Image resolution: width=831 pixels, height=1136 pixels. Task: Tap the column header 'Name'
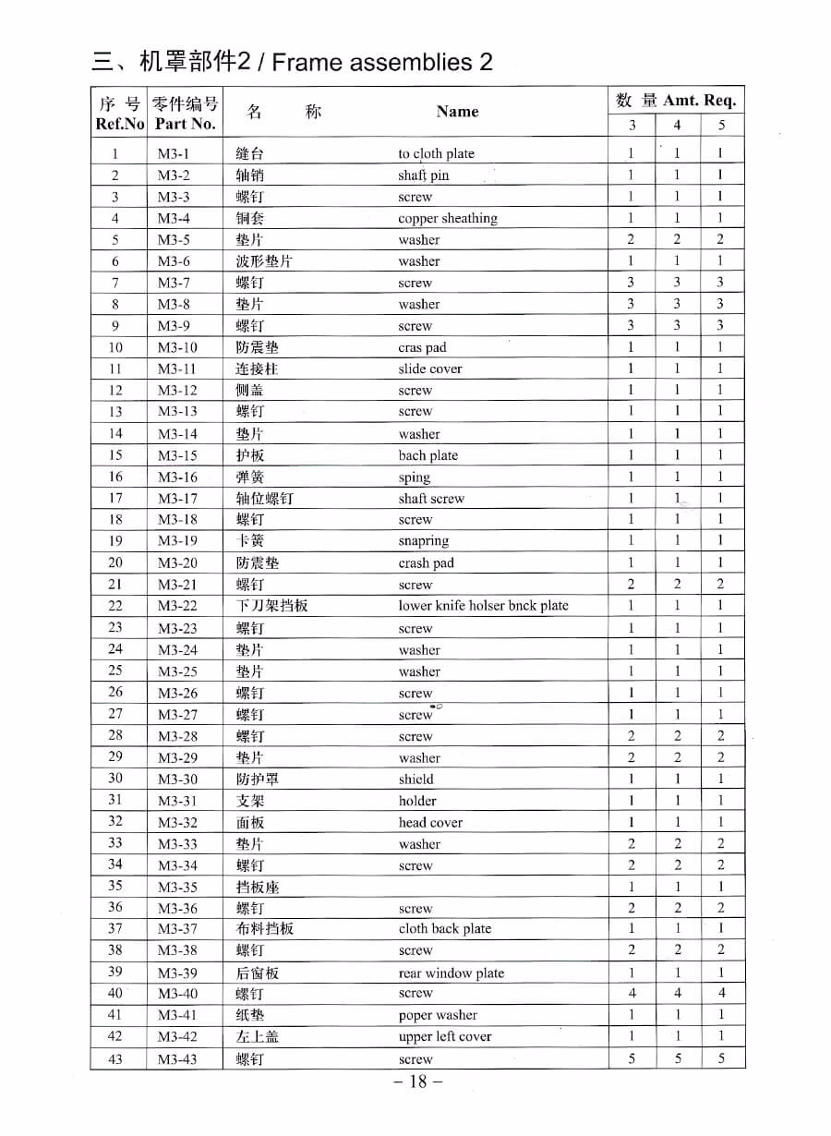coord(457,112)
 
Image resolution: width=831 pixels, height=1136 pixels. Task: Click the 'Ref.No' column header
coord(120,124)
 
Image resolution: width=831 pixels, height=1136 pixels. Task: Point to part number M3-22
coord(177,606)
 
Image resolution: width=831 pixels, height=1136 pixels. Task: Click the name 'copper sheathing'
coord(447,219)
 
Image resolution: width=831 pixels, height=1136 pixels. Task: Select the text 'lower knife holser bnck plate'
coord(483,606)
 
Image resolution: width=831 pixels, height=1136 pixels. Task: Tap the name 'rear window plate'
coord(451,973)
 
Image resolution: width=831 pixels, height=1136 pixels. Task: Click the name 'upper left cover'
coord(444,1037)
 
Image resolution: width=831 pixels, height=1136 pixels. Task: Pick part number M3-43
coord(177,1059)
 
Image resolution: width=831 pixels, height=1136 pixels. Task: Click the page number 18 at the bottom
coord(418,1082)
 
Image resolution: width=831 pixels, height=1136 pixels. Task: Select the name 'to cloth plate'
coord(436,154)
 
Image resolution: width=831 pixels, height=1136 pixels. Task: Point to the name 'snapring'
coord(423,541)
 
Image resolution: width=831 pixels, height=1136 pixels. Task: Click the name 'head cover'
coord(430,822)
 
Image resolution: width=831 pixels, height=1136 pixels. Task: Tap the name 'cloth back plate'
coord(444,929)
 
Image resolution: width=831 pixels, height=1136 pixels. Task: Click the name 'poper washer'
coord(438,1015)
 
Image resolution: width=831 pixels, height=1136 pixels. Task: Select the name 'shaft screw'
coord(431,499)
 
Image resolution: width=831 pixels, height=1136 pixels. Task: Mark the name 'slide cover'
coord(430,369)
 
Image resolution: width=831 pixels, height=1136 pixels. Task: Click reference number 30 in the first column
coord(115,779)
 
